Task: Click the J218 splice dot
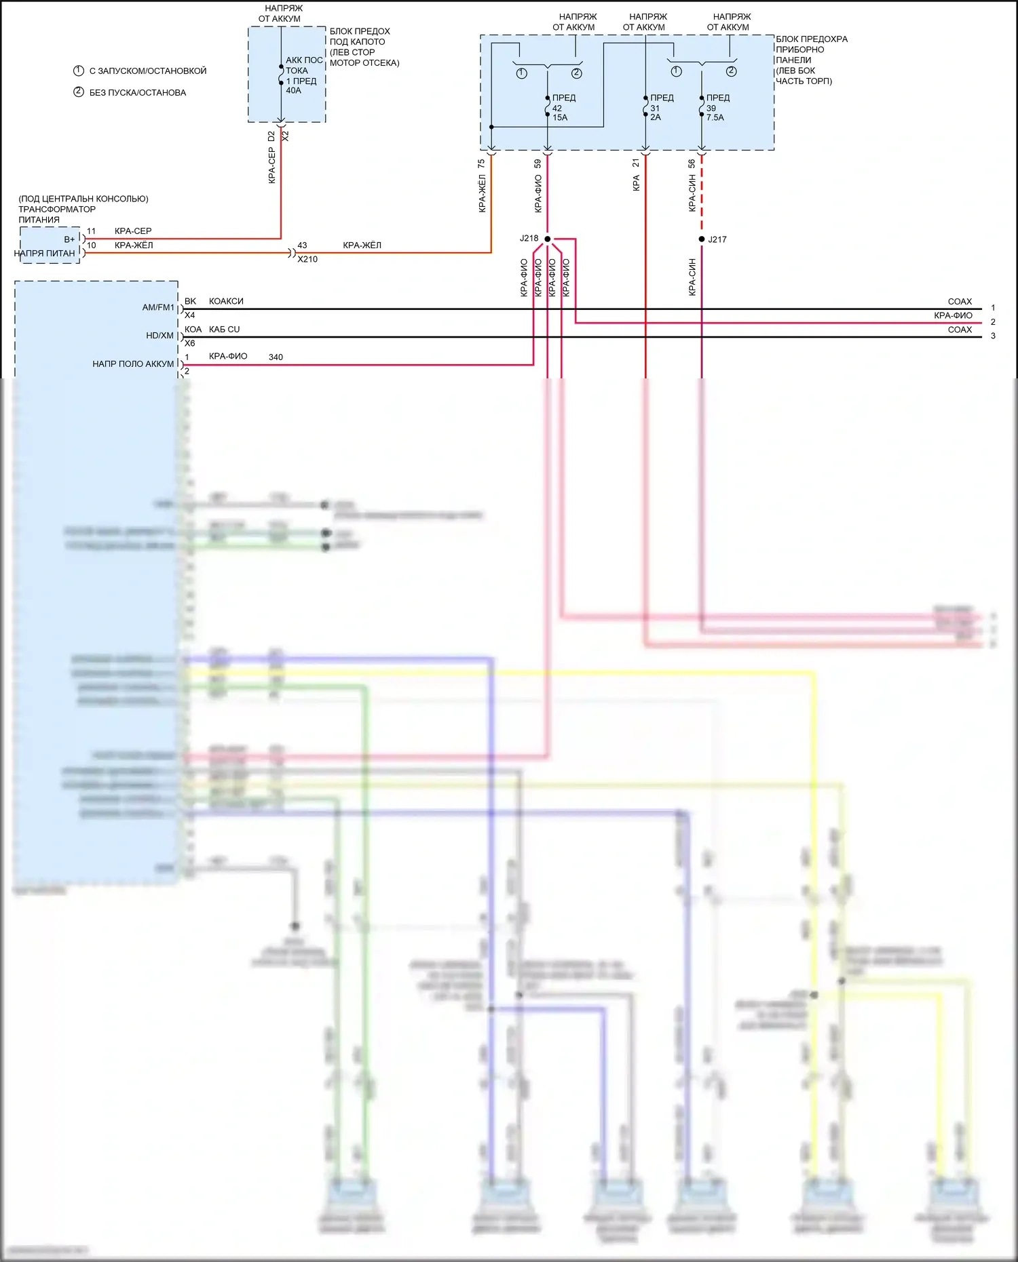547,239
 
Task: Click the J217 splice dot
701,239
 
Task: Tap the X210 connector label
307,259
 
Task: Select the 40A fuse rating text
293,91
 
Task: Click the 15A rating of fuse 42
560,117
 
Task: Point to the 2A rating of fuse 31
656,117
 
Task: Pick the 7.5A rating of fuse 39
715,117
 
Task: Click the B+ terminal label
69,239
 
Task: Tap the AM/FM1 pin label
158,307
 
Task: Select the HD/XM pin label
160,336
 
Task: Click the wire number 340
276,357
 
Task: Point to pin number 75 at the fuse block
481,163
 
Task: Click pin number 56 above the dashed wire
692,163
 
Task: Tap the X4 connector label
189,315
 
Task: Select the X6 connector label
189,343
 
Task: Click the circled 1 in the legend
79,71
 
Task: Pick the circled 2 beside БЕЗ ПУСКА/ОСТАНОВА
79,92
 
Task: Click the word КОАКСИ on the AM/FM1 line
226,301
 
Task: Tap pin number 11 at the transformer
92,231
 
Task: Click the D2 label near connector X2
271,136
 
